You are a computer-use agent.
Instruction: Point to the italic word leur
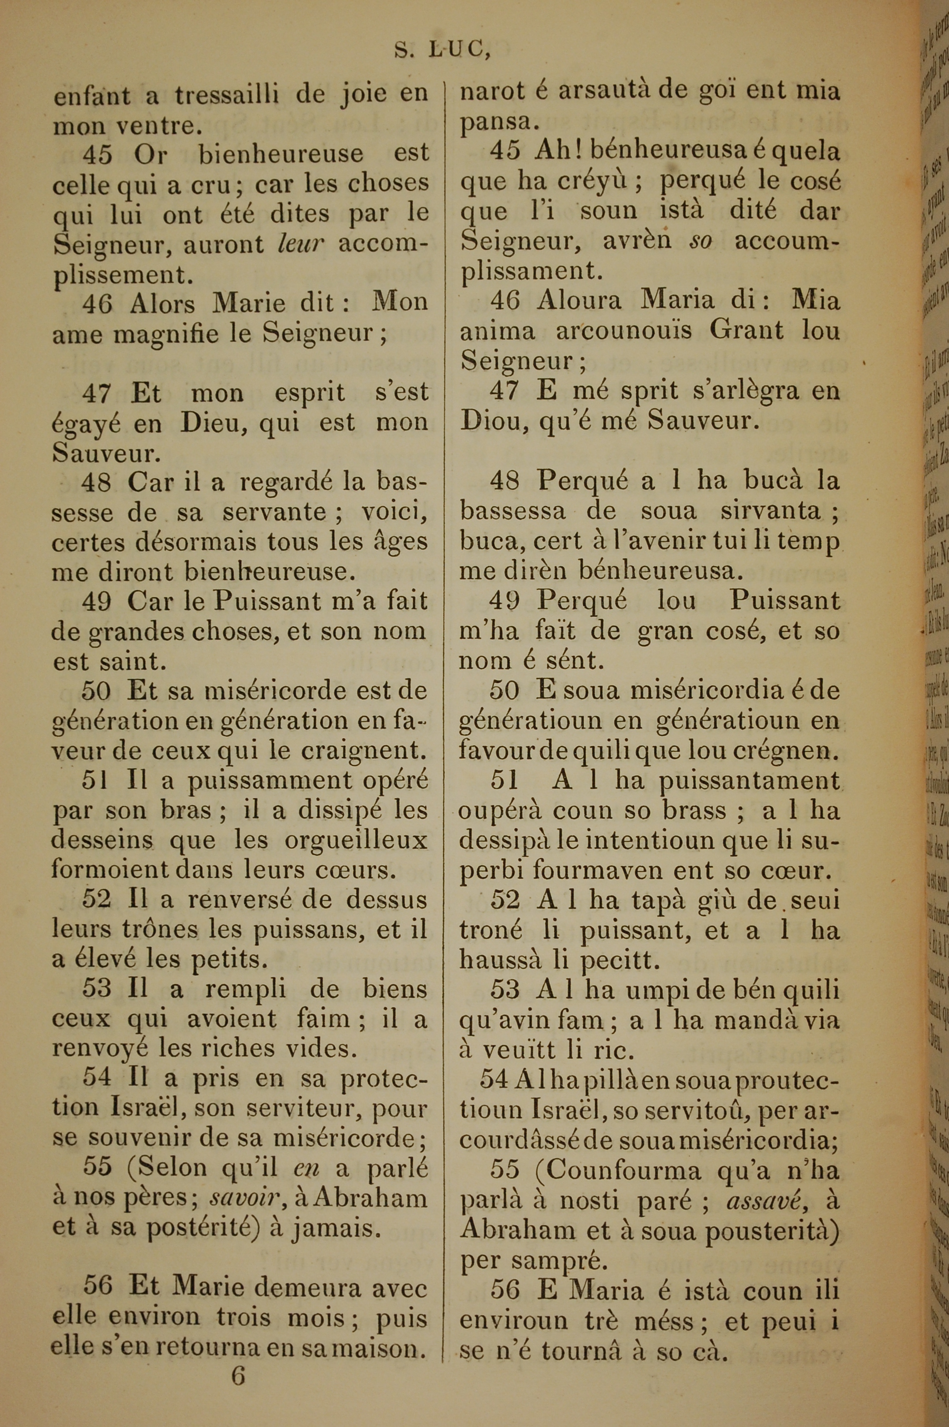pyautogui.click(x=300, y=243)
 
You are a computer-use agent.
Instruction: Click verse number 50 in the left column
pyautogui.click(x=96, y=691)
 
